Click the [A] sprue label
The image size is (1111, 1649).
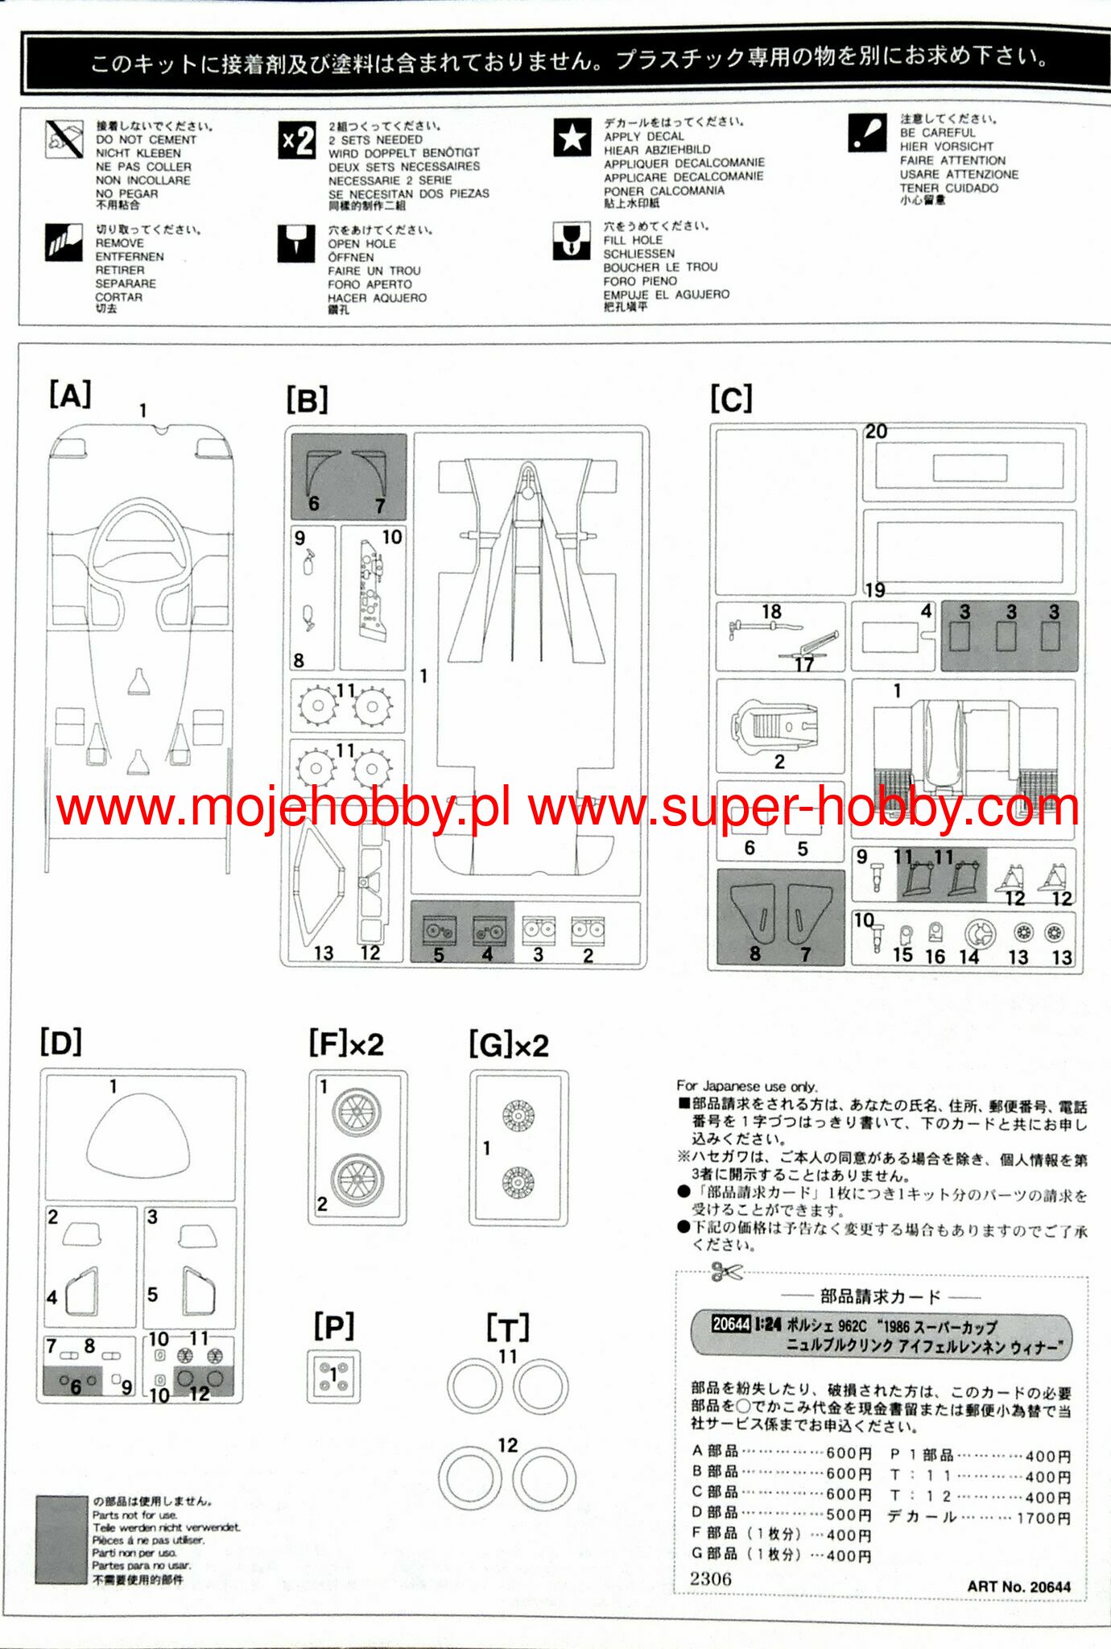point(70,396)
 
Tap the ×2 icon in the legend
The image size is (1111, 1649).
point(296,141)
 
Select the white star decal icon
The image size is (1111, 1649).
point(572,138)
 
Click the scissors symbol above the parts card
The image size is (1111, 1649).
point(725,1273)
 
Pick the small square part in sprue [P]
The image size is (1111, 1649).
point(333,1376)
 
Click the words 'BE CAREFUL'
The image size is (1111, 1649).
point(937,133)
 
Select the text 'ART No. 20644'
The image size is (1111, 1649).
point(1018,1585)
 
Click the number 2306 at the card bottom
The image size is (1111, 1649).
point(710,1579)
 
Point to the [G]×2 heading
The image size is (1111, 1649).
point(509,1045)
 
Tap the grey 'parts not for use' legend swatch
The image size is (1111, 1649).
point(61,1540)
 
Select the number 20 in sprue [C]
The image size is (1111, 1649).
point(876,432)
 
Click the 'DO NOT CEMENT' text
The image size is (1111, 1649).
point(146,139)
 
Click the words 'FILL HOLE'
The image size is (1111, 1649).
point(633,240)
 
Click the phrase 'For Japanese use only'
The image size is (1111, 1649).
point(746,1086)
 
